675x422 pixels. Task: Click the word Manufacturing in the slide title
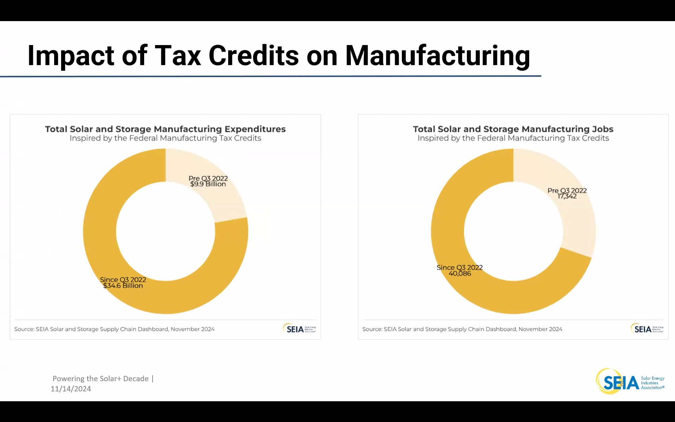(x=437, y=56)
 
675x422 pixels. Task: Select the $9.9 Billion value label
(x=208, y=184)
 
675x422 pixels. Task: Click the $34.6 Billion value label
(x=123, y=286)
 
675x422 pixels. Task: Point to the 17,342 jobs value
(x=567, y=197)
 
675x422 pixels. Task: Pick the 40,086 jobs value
(x=460, y=274)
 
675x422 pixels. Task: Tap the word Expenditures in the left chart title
(x=255, y=129)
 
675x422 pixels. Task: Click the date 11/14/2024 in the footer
(x=71, y=389)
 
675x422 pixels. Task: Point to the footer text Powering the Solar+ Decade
(x=101, y=378)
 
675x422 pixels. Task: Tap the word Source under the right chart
(x=372, y=329)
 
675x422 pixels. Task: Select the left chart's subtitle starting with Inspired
(x=165, y=138)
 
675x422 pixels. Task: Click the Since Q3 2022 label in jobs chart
(x=459, y=268)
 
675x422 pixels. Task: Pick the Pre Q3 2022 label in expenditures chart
(x=208, y=178)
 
